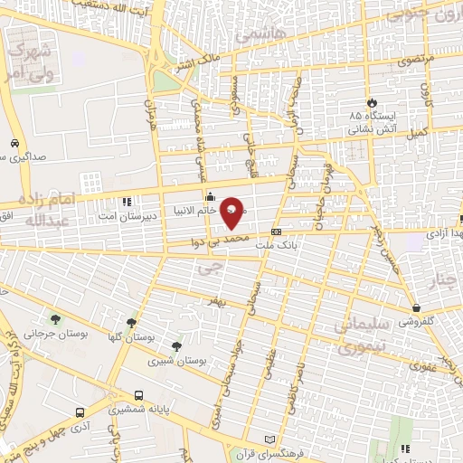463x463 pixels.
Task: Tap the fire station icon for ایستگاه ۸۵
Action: [370, 100]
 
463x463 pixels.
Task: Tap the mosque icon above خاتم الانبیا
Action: [210, 195]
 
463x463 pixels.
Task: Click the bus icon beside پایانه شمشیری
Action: [138, 395]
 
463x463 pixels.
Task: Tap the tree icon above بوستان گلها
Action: [132, 321]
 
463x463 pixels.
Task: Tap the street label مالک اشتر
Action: [197, 66]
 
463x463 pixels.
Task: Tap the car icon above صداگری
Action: [15, 143]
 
